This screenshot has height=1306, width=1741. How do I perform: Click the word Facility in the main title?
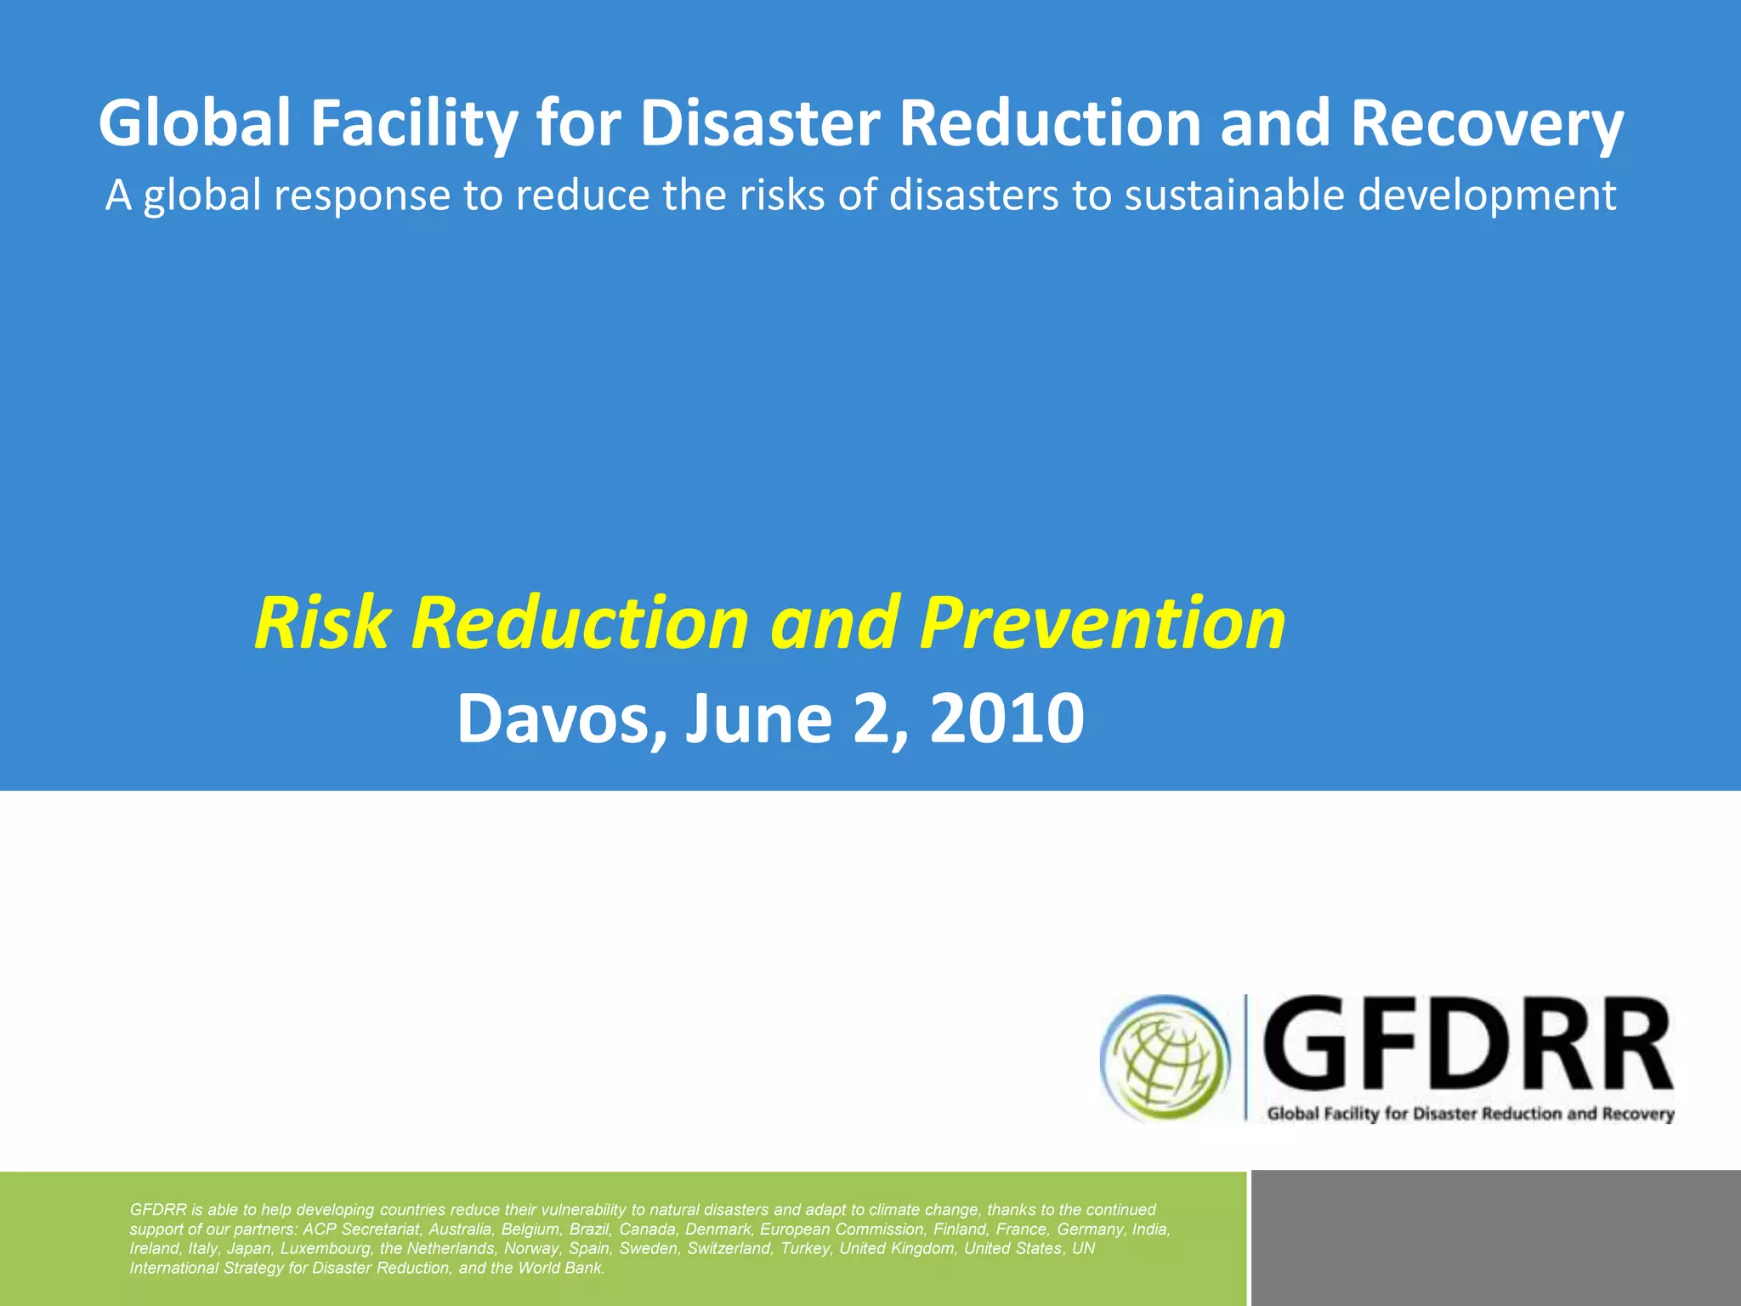point(413,124)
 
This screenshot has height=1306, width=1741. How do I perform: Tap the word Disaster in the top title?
point(759,124)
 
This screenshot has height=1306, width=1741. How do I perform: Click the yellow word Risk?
point(321,623)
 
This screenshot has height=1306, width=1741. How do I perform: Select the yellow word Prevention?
point(1103,623)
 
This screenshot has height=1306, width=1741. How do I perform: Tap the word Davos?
point(561,719)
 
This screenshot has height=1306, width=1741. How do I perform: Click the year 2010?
point(1007,719)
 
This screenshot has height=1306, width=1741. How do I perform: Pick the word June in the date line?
point(758,719)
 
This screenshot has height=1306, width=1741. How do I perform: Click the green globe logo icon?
point(1165,1059)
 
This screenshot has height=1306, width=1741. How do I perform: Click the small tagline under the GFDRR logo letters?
point(1470,1114)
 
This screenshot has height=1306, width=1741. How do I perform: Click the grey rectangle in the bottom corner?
point(1495,1238)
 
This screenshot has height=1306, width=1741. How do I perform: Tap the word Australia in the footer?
point(460,1229)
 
